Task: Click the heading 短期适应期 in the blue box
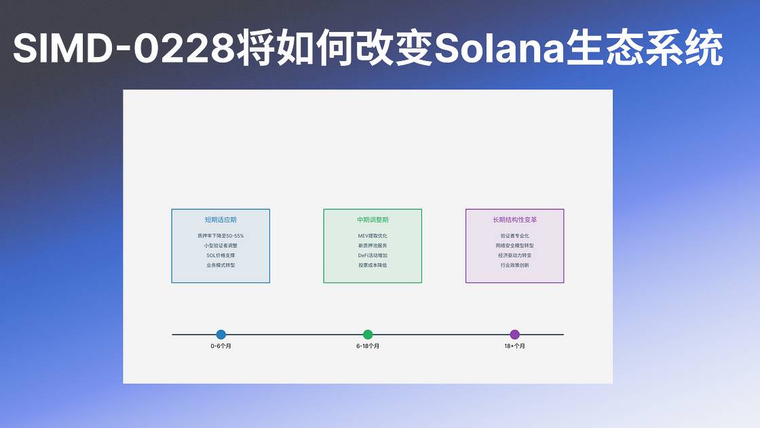(x=221, y=220)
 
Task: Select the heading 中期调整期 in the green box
(x=373, y=220)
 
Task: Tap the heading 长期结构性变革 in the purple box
(x=515, y=220)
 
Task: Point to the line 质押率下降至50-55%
(x=221, y=236)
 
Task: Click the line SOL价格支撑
(x=221, y=255)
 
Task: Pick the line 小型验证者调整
(x=221, y=245)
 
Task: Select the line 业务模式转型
(x=221, y=266)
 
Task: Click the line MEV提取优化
(x=373, y=236)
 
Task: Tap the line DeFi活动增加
(x=373, y=255)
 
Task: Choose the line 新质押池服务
(x=373, y=245)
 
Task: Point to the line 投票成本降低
(x=373, y=266)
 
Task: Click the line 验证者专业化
(x=515, y=236)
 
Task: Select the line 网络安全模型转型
(x=515, y=245)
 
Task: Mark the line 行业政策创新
(x=515, y=266)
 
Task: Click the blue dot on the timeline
(x=221, y=334)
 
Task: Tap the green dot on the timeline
(x=368, y=334)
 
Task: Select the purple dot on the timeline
(x=515, y=334)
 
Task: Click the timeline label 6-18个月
(x=368, y=346)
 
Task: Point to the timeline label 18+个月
(x=515, y=346)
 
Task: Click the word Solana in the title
(x=499, y=48)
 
